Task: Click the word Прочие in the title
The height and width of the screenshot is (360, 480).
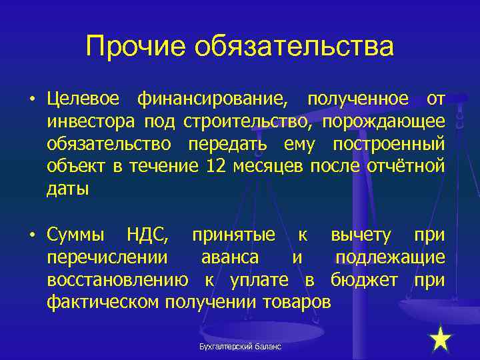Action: pos(135,47)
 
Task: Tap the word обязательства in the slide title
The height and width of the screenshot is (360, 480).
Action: pos(294,47)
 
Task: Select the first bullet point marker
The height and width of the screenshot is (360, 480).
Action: pos(31,101)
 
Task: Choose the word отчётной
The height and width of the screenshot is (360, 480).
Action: pos(405,167)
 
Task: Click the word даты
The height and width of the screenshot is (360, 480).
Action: pos(67,189)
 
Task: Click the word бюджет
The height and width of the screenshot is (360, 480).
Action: pos(367,280)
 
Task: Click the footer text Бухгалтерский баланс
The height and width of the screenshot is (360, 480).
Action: pos(241,347)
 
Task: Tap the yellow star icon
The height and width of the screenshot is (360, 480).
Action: pos(441,340)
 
